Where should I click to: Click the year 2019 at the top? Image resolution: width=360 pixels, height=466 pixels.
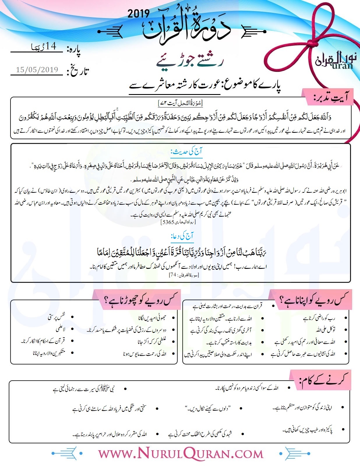click(x=138, y=13)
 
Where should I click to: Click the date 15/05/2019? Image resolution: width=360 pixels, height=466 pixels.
click(x=37, y=70)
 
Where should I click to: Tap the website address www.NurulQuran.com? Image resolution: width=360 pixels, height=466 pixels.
click(x=181, y=454)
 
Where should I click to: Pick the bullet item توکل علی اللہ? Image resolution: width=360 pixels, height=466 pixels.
click(x=325, y=330)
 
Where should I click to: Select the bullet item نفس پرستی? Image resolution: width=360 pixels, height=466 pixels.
click(x=57, y=317)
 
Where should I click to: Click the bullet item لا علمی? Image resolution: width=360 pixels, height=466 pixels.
click(x=60, y=329)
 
